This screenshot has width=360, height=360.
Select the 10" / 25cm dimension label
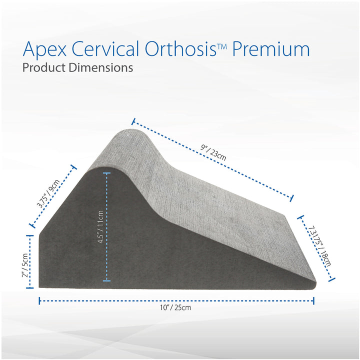pos(176,307)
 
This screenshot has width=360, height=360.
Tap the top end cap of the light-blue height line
pos(106,173)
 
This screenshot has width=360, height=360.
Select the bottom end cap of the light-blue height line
pos(106,280)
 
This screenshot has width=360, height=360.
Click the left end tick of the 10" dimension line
pos(39,300)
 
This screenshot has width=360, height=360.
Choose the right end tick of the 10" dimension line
pos(313,300)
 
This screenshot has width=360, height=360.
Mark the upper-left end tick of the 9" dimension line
pos(133,120)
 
